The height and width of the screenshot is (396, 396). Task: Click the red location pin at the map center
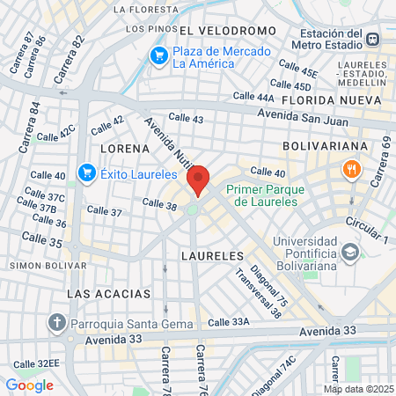point(198,180)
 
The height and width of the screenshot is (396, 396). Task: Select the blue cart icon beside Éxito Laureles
point(86,172)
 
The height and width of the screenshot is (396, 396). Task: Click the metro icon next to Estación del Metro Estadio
point(374,39)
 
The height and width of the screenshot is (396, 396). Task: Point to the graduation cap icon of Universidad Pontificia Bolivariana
point(351,254)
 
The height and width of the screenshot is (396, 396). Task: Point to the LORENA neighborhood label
point(120,148)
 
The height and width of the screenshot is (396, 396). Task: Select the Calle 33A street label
point(254,322)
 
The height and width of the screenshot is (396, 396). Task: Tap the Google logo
point(29,385)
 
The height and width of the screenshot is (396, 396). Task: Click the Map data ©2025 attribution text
point(357,389)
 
